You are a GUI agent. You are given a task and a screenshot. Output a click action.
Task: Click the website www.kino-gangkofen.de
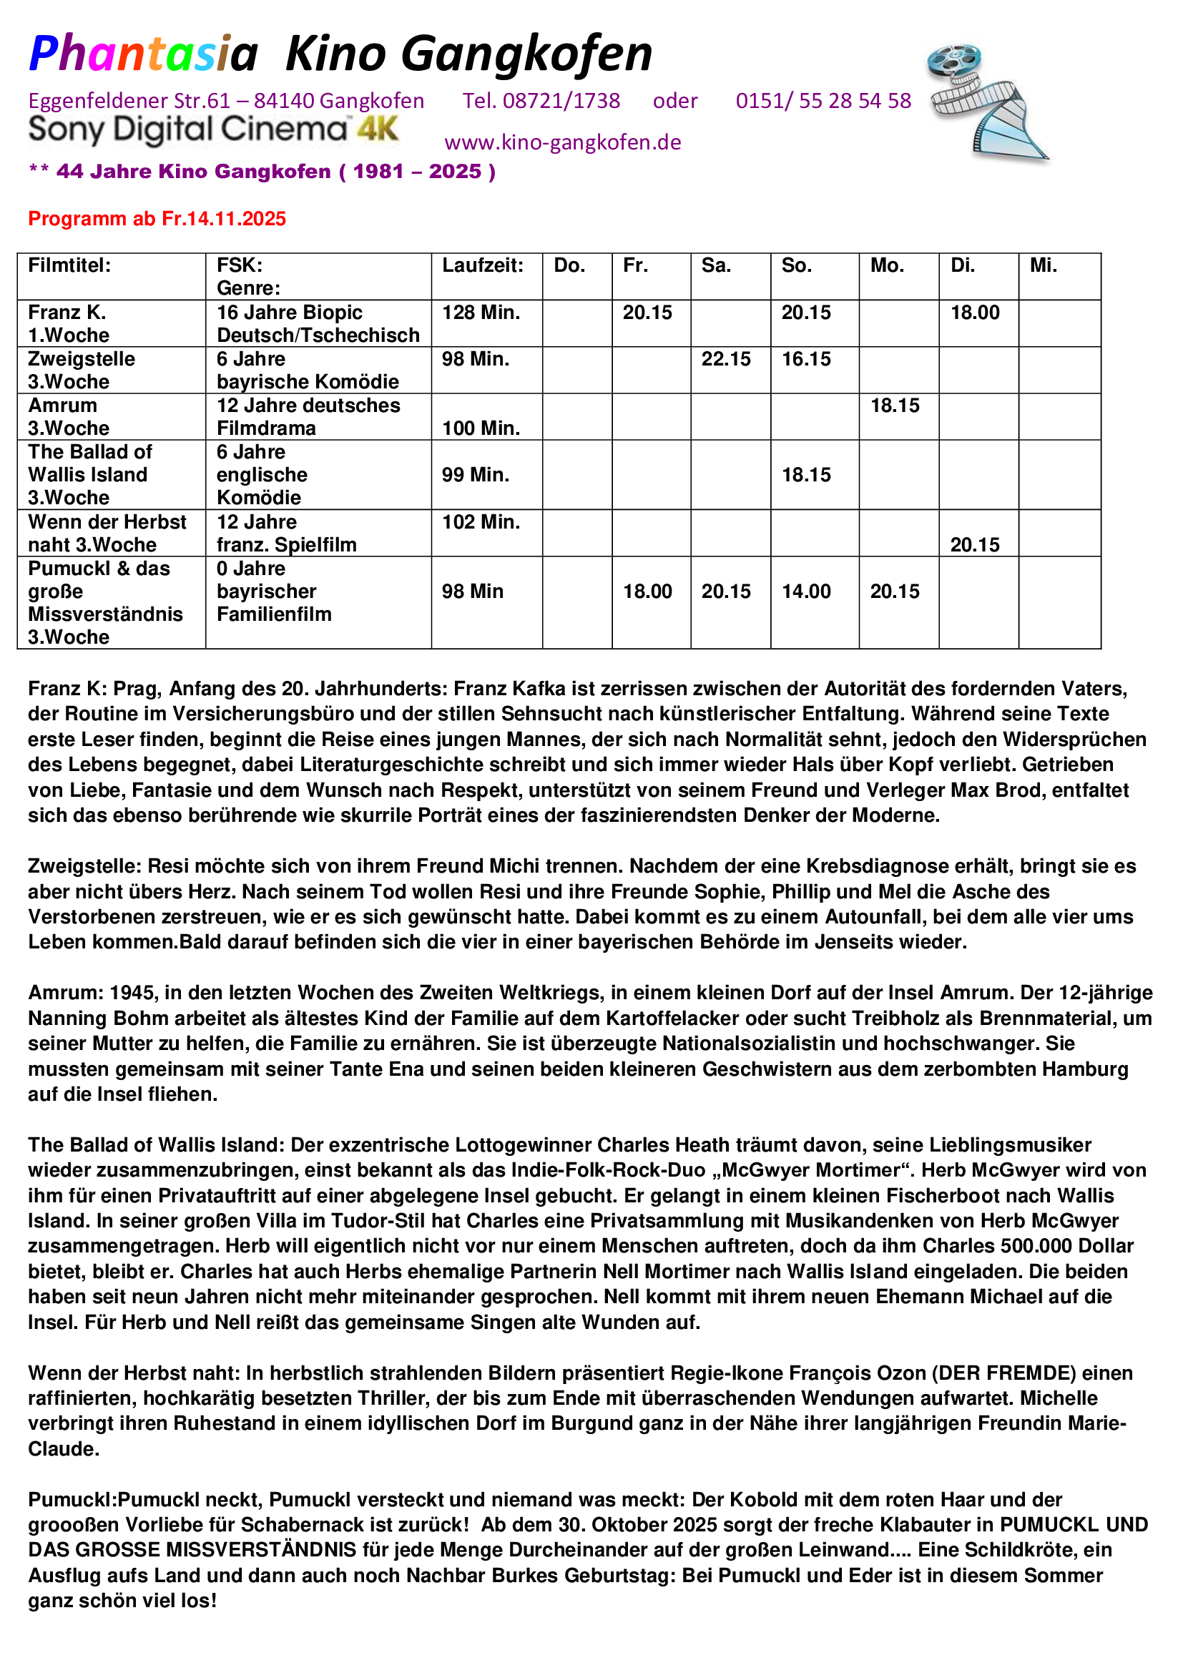(562, 142)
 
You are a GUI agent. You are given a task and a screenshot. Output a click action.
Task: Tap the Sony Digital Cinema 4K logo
(213, 129)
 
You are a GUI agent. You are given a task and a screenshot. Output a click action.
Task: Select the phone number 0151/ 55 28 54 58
(823, 101)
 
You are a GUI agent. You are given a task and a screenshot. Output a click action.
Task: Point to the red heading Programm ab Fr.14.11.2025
(157, 219)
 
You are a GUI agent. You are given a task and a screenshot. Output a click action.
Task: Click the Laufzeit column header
(482, 265)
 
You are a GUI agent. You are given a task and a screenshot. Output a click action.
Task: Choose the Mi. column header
(1043, 265)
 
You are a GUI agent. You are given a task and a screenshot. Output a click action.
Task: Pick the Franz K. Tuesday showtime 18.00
(975, 313)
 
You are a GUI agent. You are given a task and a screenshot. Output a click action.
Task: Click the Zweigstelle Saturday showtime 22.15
(725, 359)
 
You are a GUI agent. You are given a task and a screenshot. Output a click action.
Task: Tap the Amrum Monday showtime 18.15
(895, 406)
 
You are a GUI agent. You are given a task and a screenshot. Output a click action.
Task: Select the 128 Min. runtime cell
(481, 313)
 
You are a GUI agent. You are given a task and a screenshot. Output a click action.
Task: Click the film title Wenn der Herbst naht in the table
(107, 534)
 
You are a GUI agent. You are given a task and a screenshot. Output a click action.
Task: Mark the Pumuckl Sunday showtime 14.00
(805, 591)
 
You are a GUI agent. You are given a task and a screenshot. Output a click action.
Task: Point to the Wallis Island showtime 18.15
(805, 475)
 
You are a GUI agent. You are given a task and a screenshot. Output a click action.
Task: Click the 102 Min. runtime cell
(481, 521)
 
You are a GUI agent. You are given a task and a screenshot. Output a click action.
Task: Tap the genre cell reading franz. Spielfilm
(286, 545)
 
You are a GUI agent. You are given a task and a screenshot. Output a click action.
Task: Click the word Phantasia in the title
(144, 54)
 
